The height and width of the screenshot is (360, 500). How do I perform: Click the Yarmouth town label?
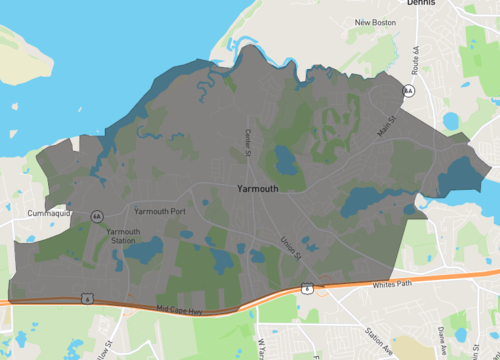click(258, 187)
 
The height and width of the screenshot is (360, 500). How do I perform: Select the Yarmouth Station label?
click(123, 236)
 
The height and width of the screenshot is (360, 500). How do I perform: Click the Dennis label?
click(421, 4)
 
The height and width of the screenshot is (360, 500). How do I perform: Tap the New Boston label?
click(376, 22)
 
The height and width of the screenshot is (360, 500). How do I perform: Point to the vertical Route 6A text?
click(415, 60)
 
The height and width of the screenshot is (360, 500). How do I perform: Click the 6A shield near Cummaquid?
click(97, 216)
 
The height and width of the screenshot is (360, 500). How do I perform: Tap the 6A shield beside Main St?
click(408, 91)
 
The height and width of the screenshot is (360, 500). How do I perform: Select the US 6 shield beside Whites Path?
click(307, 288)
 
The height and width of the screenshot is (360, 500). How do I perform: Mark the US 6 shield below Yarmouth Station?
click(88, 297)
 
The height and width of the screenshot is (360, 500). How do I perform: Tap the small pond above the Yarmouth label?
click(284, 160)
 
